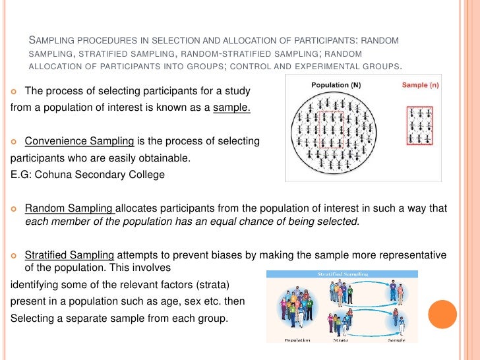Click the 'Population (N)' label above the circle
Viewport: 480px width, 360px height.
(340, 85)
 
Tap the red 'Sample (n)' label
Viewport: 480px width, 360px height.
(421, 85)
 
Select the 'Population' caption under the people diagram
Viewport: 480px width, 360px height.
(298, 340)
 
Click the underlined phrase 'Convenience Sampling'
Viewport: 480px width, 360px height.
(79, 141)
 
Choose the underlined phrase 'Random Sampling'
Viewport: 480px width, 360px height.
(69, 208)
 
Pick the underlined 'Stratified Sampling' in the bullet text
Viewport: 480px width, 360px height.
(70, 255)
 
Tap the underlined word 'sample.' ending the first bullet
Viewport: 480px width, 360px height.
(231, 108)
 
